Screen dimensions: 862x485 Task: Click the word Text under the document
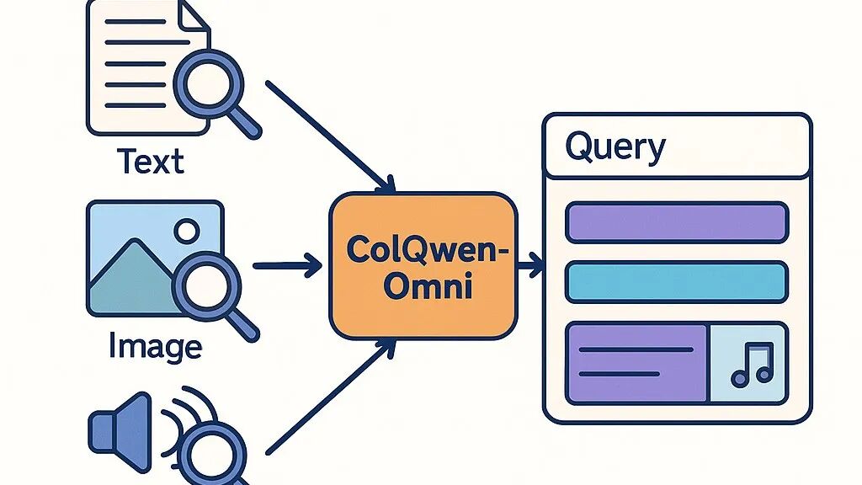(x=150, y=161)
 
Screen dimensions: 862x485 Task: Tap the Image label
(x=155, y=346)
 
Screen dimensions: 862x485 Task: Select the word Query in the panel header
(x=615, y=147)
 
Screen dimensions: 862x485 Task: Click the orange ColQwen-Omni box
(x=423, y=265)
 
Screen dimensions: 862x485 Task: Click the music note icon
(x=752, y=365)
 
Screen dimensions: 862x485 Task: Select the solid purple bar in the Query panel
(x=677, y=222)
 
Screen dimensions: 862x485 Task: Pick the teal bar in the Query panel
(x=677, y=281)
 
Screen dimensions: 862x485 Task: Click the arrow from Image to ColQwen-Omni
(x=287, y=265)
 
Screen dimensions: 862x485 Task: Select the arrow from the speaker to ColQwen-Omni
(x=331, y=397)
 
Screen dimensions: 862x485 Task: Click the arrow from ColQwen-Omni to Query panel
(x=530, y=265)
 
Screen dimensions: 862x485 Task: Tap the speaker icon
(x=120, y=432)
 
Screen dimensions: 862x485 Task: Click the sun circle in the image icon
(x=187, y=231)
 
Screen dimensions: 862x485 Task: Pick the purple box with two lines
(x=636, y=363)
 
